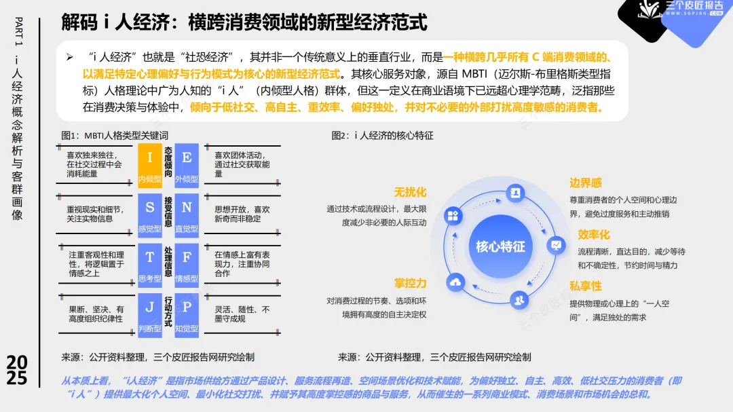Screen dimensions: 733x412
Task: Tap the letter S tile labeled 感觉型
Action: [x=149, y=213]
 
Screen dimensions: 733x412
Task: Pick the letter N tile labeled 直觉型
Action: [x=187, y=213]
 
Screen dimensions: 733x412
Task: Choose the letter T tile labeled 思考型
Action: [x=149, y=263]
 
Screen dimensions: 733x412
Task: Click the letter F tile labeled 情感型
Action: [x=187, y=263]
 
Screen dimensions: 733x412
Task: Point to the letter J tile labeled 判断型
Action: [x=149, y=313]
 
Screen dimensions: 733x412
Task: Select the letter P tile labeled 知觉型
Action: [x=187, y=313]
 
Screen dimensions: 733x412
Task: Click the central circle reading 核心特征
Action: [x=500, y=246]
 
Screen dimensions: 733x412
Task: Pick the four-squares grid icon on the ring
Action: [x=453, y=216]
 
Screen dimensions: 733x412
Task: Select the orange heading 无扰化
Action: [x=411, y=193]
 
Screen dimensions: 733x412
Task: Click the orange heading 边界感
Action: [x=586, y=183]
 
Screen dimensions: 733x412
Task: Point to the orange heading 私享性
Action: [x=586, y=286]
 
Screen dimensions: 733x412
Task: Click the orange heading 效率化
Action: [x=594, y=235]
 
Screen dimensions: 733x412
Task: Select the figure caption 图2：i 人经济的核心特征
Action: [x=382, y=135]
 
